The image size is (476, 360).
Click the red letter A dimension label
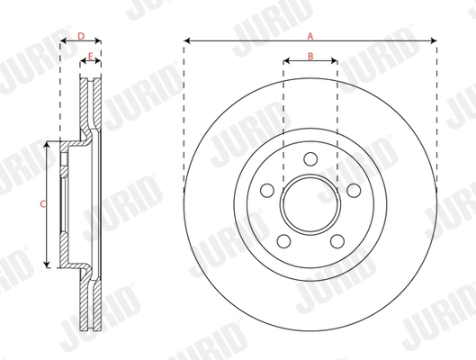(x=310, y=36)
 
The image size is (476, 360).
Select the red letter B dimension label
(x=310, y=57)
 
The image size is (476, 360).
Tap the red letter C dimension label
(x=43, y=204)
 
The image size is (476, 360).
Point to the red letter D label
(x=80, y=36)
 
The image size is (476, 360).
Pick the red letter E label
(x=90, y=57)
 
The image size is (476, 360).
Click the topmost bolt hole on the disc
(x=310, y=159)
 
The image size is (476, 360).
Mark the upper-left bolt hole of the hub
(x=268, y=191)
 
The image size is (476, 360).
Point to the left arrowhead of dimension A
(x=186, y=41)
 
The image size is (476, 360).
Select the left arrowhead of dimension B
(x=286, y=63)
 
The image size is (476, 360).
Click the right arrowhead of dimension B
(x=335, y=63)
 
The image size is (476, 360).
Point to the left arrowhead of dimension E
(x=83, y=63)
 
